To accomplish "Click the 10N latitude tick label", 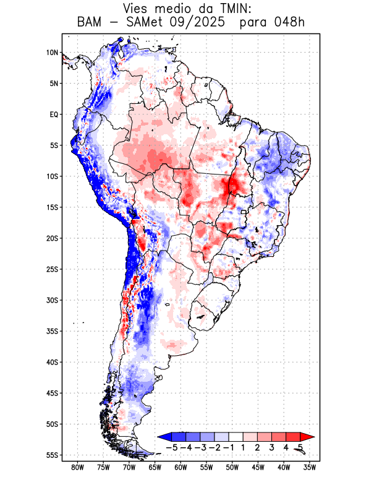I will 52,53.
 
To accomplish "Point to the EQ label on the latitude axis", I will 54,114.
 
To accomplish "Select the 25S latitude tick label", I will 52,269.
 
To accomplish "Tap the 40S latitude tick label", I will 52,362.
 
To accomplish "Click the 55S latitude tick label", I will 52,455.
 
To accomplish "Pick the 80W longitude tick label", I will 78,467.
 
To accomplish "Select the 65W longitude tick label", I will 155,467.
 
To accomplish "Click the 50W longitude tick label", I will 232,467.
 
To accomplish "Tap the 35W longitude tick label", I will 310,467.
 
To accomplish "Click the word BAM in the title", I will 91,23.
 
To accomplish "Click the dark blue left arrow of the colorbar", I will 164,437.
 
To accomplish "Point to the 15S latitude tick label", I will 52,207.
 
